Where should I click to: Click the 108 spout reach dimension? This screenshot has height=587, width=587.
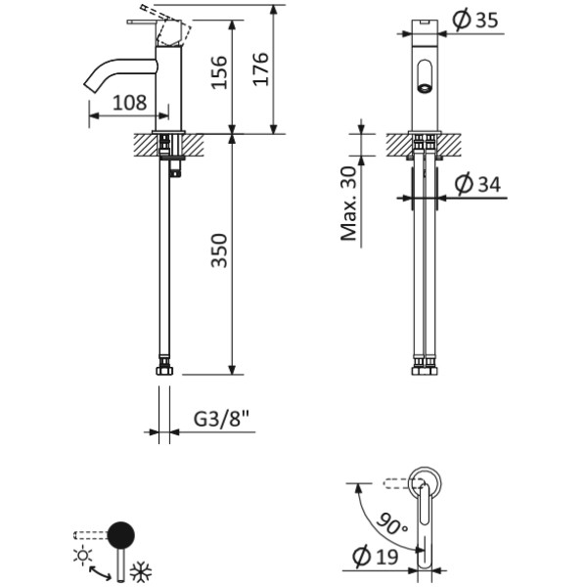pos(130,101)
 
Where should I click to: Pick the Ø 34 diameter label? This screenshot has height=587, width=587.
pos(479,183)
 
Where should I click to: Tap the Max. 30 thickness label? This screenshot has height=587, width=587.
pos(348,203)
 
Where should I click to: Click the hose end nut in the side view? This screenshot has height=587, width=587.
pos(166,371)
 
